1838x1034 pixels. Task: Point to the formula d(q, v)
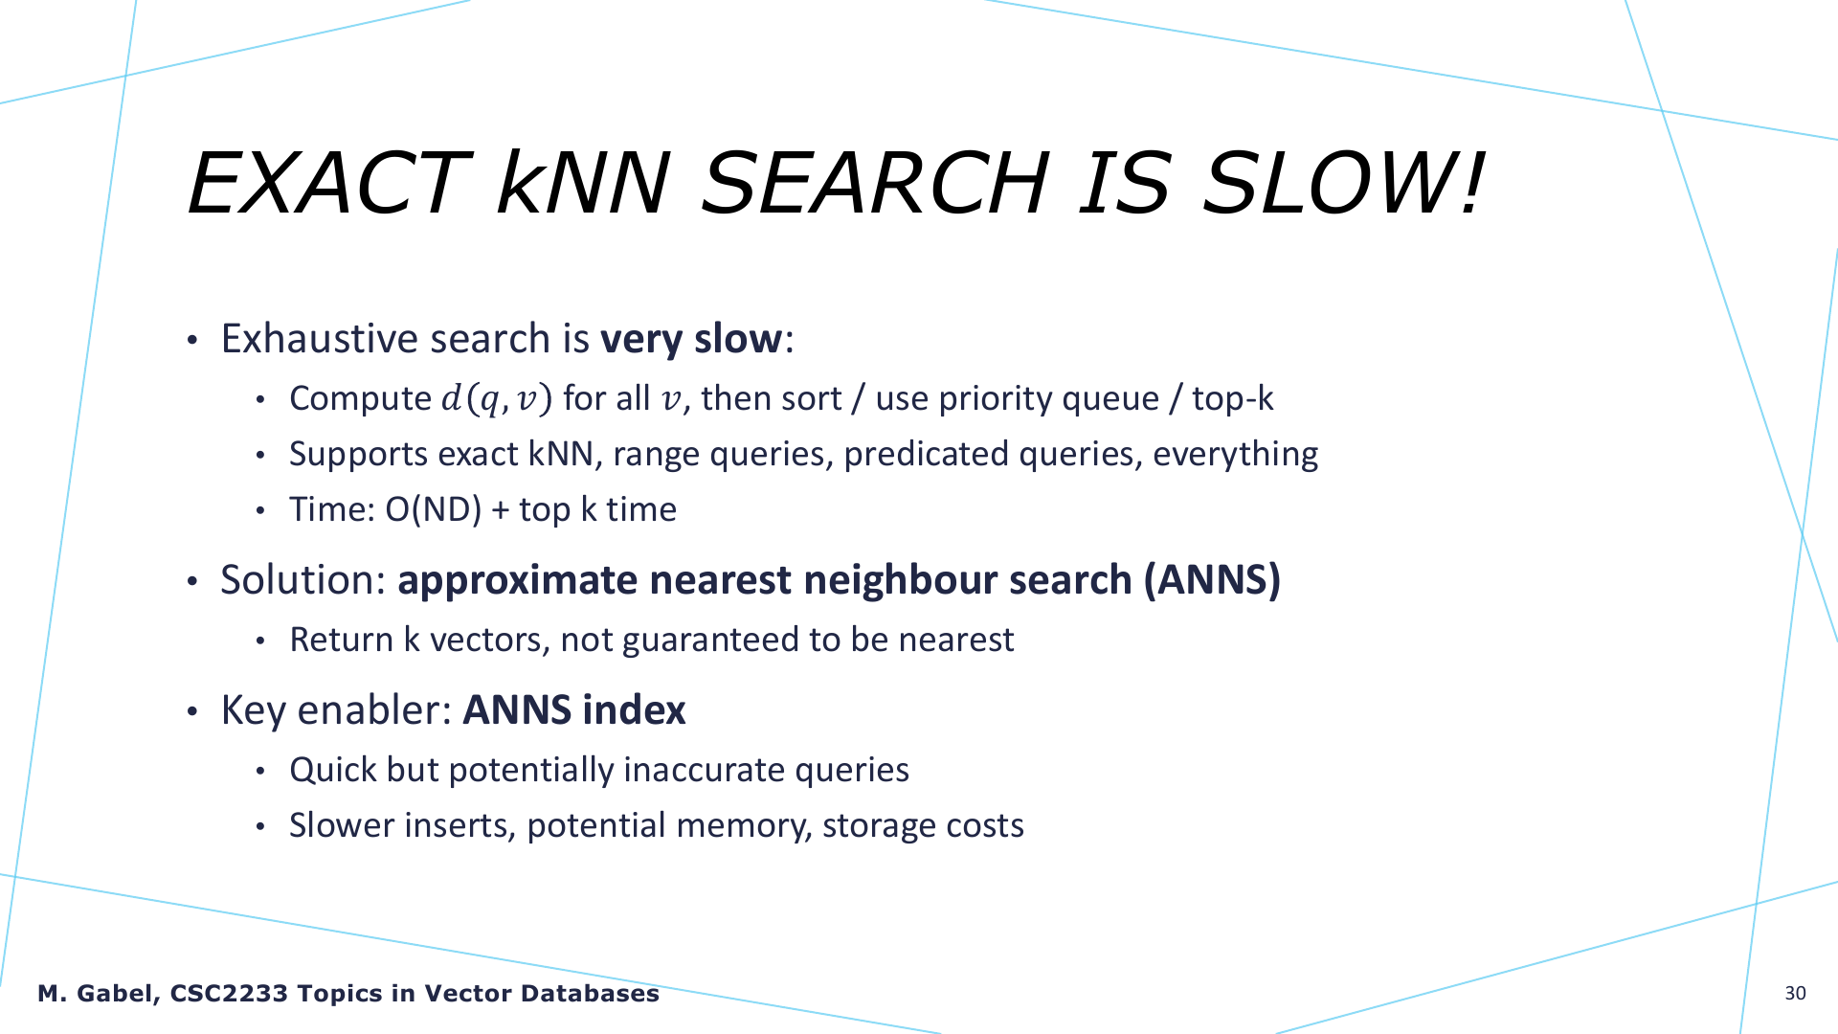[x=497, y=398]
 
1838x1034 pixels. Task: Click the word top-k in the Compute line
[x=1233, y=398]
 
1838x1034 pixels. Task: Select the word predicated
[x=926, y=454]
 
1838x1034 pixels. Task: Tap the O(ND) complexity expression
[x=434, y=509]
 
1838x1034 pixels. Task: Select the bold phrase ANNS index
[x=574, y=710]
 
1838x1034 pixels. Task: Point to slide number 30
[x=1796, y=994]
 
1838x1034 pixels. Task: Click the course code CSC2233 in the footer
[x=229, y=994]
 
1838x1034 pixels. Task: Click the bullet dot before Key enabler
[x=193, y=712]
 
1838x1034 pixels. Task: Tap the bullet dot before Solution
[x=193, y=582]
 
